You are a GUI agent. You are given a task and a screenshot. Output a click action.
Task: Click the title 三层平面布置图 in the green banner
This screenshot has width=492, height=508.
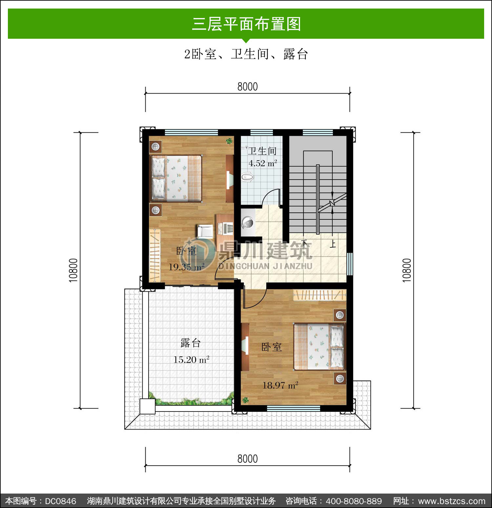246,24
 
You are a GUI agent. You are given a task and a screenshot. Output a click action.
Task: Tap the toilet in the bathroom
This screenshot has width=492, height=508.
248,178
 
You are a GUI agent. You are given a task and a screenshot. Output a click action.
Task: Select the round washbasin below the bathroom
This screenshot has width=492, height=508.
247,222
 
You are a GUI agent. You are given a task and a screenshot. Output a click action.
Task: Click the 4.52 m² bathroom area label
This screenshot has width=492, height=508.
263,163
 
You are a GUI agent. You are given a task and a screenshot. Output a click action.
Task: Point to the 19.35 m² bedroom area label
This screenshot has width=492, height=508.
186,267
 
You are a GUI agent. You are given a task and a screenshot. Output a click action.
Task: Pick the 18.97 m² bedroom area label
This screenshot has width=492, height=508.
280,385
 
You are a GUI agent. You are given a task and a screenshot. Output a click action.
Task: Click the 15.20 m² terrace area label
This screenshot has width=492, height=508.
191,360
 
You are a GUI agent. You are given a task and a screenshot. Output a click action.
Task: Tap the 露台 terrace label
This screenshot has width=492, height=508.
191,343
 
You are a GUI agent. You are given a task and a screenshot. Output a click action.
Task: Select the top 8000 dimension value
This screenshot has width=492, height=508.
248,87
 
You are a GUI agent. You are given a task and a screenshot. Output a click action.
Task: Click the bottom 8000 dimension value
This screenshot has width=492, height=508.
248,459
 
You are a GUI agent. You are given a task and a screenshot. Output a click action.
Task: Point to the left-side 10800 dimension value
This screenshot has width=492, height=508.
73,270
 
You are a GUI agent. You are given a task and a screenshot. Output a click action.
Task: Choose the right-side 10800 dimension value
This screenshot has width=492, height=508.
406,270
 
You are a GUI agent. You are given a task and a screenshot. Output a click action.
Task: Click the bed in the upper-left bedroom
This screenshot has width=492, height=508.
176,178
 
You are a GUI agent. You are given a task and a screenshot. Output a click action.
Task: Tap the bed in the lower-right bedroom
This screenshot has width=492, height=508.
319,346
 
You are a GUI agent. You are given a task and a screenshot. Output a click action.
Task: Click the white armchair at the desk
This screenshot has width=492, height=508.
205,231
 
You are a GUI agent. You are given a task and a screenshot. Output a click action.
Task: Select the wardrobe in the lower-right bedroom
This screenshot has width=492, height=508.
319,295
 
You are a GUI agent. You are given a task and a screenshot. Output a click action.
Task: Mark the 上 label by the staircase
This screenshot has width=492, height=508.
333,244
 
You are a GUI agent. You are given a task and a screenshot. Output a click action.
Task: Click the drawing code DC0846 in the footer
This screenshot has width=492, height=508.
60,501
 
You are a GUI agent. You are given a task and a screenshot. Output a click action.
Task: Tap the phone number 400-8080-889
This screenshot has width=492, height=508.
354,501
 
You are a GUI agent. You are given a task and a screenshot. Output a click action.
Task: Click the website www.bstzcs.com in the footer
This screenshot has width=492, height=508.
452,501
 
